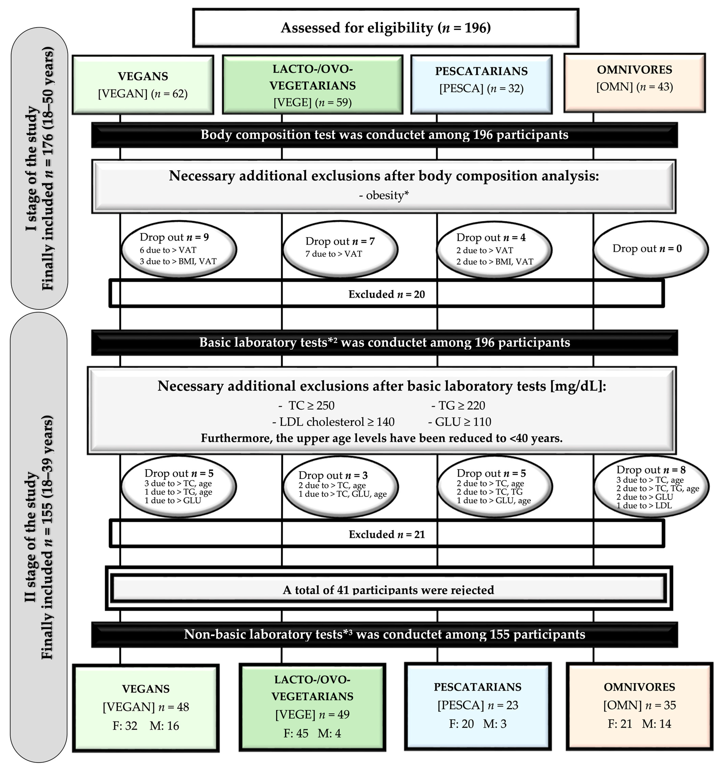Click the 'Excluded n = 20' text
387,294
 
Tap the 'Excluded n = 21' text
387,535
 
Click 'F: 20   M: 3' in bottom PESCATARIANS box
477,724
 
